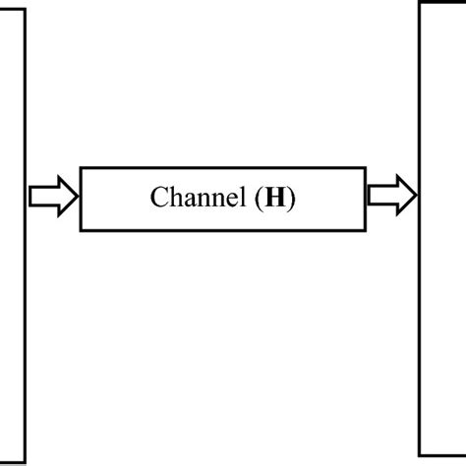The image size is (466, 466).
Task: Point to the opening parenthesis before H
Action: [259, 200]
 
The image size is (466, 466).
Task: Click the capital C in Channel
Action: [158, 199]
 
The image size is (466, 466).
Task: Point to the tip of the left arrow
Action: [76, 198]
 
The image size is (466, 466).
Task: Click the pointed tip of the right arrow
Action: [416, 198]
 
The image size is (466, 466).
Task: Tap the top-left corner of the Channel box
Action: [82, 168]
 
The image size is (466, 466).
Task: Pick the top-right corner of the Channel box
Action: [366, 168]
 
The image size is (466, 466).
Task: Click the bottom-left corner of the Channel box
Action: [82, 230]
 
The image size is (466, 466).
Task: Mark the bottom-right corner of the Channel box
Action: [366, 230]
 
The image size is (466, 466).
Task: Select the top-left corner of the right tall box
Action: [420, 3]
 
